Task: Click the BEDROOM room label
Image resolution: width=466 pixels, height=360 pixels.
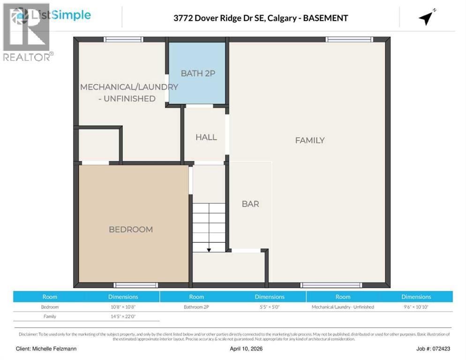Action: tap(131, 229)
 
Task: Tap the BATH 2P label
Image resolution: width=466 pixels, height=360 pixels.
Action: tap(198, 73)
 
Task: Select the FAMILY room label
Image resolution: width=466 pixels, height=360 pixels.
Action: tap(310, 140)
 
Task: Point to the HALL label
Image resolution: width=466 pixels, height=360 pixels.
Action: tap(206, 137)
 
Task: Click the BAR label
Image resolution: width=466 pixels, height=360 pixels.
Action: tap(250, 204)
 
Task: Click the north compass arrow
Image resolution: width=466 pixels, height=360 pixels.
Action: tap(426, 18)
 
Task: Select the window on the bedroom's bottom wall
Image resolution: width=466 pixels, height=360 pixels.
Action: tap(136, 285)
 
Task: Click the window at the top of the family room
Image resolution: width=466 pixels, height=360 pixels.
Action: tap(350, 40)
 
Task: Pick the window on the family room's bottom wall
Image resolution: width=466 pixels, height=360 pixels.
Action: tap(331, 285)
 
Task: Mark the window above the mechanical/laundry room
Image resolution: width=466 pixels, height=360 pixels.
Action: tap(123, 40)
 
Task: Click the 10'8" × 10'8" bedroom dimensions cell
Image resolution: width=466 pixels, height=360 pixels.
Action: tap(123, 307)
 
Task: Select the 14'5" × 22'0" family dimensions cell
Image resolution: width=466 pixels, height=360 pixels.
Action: tap(123, 316)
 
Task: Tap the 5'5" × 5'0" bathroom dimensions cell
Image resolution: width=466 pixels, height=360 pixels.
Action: tap(270, 307)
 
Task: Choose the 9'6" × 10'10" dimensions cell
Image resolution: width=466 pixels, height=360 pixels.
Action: tap(416, 307)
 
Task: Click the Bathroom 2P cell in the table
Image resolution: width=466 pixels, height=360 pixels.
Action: tap(196, 307)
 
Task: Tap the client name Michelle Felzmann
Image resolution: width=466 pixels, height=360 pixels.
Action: tap(46, 349)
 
